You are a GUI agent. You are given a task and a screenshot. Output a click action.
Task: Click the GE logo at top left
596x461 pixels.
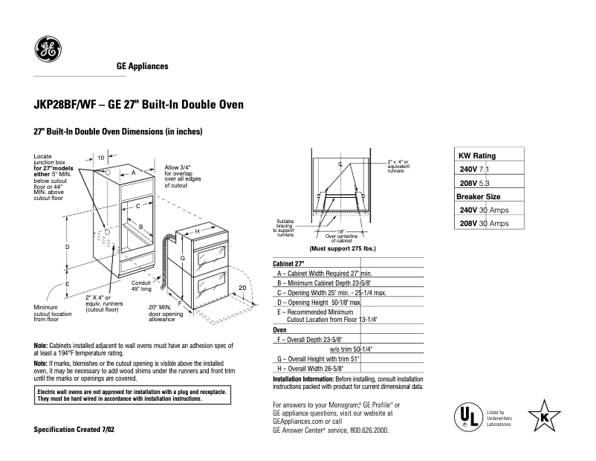pos(48,50)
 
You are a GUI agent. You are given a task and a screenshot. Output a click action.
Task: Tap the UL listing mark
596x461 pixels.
pos(465,416)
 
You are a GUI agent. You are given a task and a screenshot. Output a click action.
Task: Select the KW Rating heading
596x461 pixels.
pos(476,156)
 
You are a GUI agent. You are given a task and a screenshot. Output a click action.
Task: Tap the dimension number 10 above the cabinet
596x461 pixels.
pos(101,158)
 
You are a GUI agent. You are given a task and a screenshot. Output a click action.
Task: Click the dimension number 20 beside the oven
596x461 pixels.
pos(242,288)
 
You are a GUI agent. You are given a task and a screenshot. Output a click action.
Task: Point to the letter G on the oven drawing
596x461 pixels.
pos(181,257)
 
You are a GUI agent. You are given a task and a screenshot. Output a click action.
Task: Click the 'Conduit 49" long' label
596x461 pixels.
pos(142,286)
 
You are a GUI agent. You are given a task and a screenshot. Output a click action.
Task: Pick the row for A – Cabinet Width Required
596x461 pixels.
pos(324,274)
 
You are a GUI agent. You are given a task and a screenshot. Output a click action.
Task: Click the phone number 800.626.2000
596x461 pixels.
pos(364,431)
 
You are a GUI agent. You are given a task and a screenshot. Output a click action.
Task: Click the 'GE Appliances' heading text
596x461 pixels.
pos(143,67)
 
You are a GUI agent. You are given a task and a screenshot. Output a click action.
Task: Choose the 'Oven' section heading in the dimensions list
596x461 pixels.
pos(280,329)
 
